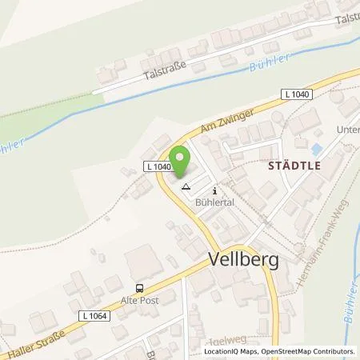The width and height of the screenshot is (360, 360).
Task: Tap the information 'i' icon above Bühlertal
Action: [214, 190]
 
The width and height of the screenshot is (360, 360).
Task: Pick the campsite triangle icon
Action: [186, 187]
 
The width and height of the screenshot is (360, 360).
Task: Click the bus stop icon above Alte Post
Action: [140, 289]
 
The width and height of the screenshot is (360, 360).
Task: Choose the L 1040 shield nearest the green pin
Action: [158, 166]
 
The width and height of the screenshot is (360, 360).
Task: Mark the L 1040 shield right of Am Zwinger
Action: [296, 94]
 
